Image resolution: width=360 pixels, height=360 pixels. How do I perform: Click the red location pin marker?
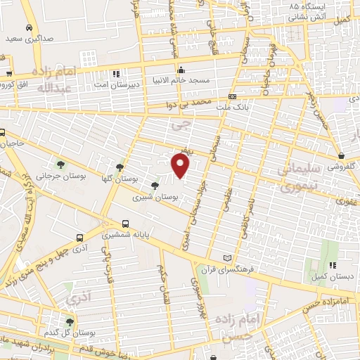(181, 166)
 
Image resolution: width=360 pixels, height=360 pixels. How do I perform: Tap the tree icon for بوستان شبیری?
(155, 186)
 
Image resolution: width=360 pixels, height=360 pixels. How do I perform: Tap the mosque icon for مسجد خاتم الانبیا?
(181, 70)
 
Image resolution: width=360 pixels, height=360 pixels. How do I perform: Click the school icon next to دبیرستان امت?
(116, 72)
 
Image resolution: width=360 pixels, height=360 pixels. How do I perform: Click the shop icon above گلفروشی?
(341, 155)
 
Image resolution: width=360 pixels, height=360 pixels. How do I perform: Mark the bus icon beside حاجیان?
(2, 133)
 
